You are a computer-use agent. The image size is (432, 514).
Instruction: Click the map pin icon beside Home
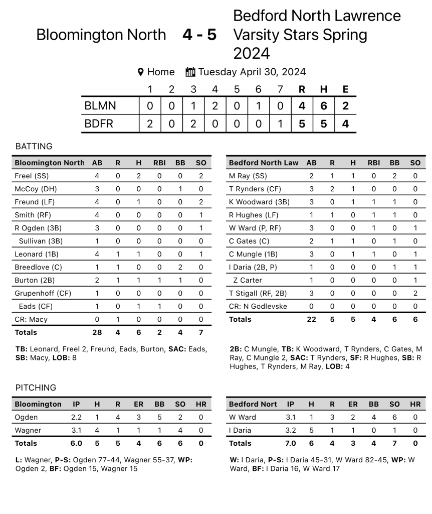coord(141,72)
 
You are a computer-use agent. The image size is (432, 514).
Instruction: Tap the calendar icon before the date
coord(190,72)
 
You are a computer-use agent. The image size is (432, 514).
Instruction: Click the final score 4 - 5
coord(199,35)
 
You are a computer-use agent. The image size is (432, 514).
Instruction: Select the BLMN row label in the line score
coord(100,106)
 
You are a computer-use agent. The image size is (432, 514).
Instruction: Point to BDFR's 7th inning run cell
coord(280,123)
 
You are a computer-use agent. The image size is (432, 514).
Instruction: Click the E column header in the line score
coord(345,89)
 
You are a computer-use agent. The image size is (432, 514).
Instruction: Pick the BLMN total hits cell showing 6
coord(324,106)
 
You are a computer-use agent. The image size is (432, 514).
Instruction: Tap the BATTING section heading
coord(34,147)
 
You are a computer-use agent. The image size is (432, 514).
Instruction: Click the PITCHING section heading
coord(36,388)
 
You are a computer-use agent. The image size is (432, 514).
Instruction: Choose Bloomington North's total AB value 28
coord(97,332)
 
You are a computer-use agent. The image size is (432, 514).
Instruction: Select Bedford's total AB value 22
coord(311,319)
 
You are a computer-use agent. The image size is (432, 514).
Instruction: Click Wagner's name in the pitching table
coord(28,430)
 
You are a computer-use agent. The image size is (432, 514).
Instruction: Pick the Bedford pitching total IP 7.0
coord(291,443)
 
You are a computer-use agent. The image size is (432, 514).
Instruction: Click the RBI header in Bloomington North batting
coord(160,163)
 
